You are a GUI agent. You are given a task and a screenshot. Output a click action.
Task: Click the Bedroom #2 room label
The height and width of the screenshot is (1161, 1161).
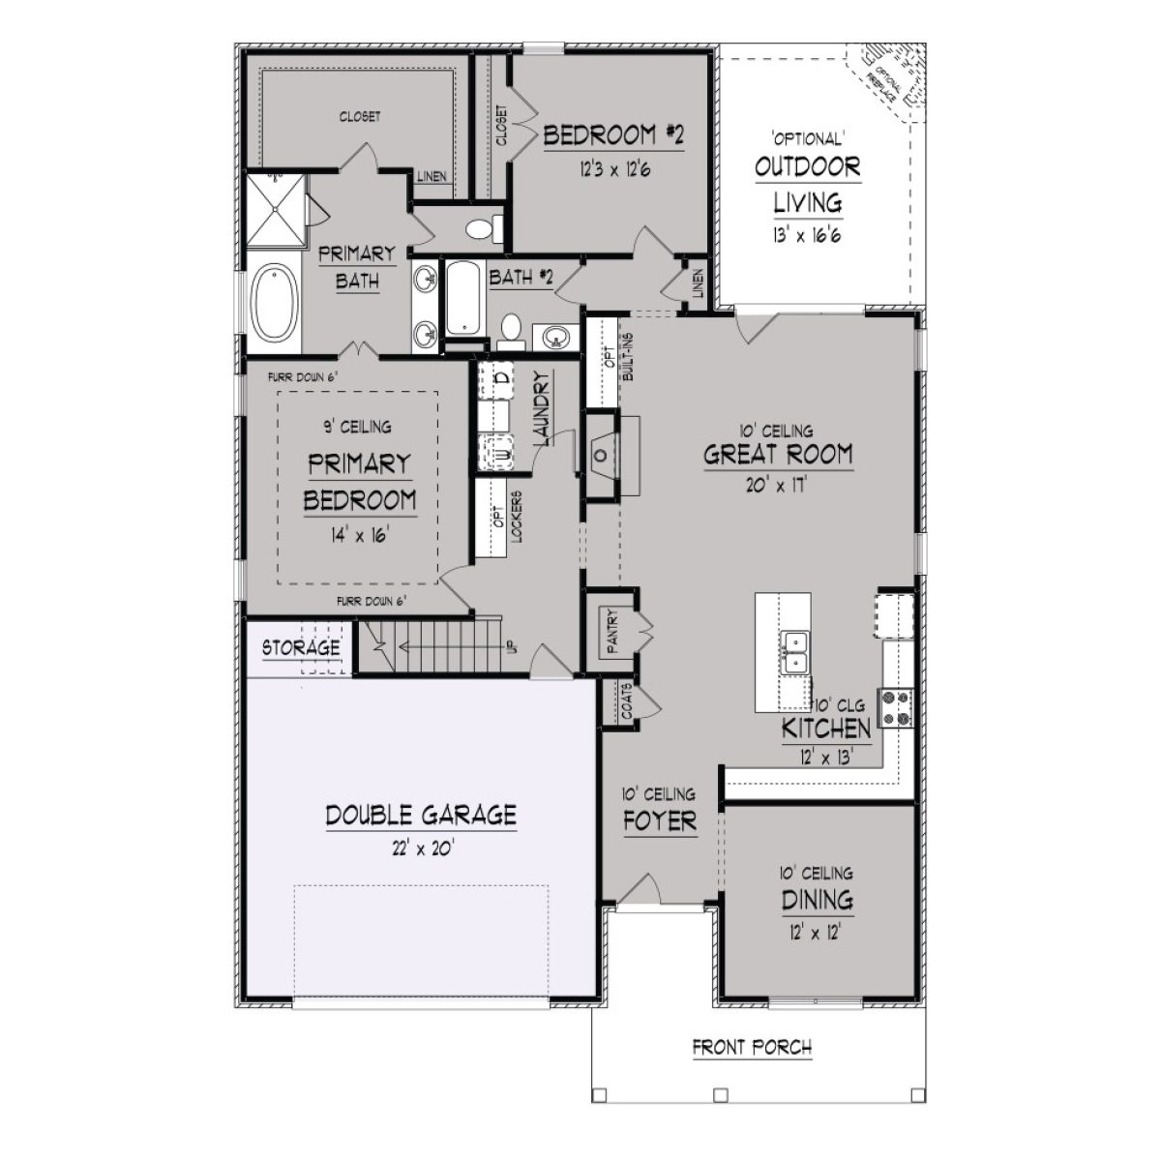click(613, 135)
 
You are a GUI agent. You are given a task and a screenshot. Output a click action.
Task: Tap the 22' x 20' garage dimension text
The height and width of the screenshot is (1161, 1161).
click(419, 848)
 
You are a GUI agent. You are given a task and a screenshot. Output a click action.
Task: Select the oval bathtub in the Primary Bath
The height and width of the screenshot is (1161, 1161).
click(275, 304)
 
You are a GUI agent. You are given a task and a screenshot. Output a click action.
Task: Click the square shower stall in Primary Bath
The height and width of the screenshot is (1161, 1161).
click(273, 210)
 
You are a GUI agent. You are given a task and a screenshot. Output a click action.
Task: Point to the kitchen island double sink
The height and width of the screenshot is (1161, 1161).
click(795, 652)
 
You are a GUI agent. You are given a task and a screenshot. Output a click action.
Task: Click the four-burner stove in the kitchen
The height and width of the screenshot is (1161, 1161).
click(895, 706)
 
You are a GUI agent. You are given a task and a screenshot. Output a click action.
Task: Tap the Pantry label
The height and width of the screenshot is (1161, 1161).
click(611, 632)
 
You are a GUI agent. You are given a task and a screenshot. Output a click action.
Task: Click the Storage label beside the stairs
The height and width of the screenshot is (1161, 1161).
click(301, 647)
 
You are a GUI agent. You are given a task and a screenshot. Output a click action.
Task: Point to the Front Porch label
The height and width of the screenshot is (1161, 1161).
click(752, 1047)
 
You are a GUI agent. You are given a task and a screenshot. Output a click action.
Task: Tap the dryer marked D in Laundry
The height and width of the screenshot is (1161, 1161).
click(501, 378)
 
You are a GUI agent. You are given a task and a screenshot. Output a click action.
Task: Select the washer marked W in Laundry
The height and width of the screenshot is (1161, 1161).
click(501, 454)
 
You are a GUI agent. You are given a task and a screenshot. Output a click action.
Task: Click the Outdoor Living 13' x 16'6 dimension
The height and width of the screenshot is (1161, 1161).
click(807, 235)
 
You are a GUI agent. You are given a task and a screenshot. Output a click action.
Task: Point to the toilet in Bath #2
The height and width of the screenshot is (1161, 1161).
click(511, 330)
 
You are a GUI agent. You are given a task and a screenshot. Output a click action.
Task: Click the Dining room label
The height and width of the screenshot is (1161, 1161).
click(817, 901)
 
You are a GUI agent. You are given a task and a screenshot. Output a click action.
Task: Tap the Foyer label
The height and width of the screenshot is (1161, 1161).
click(659, 821)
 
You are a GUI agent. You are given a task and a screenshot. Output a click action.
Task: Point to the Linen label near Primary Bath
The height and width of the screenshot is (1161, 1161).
click(431, 177)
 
